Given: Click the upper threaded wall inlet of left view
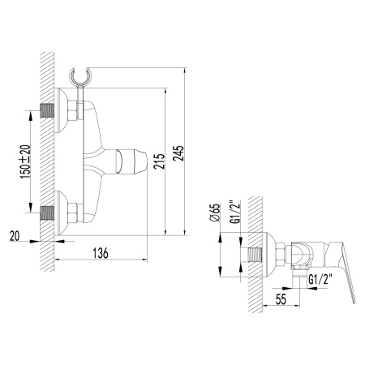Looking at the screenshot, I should click(48, 107).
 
